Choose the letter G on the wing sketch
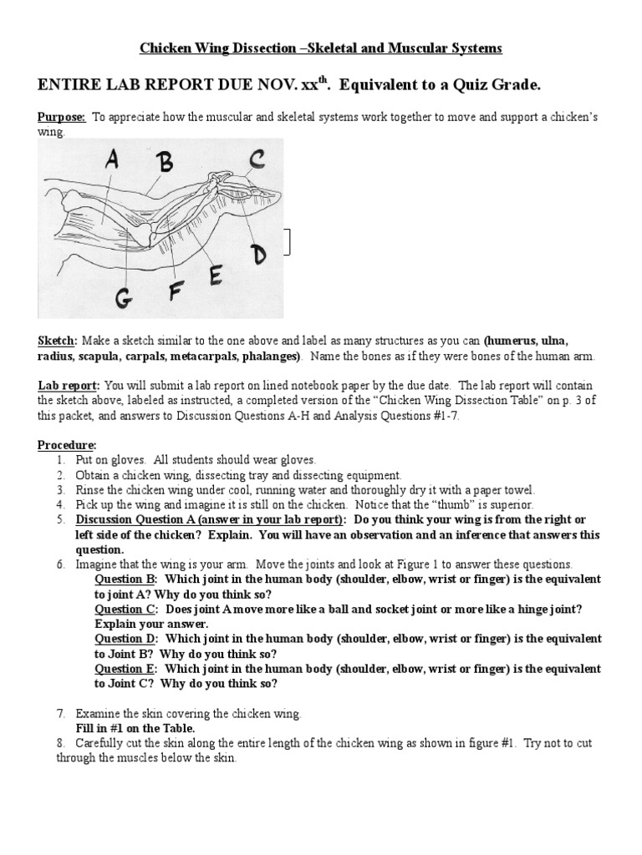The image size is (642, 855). [123, 295]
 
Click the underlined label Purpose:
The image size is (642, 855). [61, 117]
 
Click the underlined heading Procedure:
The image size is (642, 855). [66, 444]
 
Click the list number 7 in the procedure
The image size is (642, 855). [61, 714]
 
